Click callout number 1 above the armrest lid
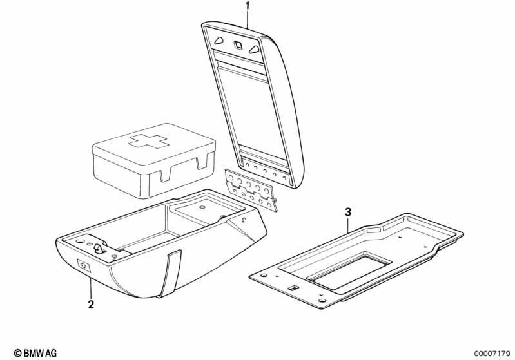click(248, 6)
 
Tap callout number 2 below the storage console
click(91, 305)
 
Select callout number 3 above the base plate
click(348, 212)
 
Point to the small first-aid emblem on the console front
click(84, 265)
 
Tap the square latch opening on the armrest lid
click(238, 44)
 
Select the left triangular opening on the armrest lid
click(219, 40)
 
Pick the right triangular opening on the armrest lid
click(254, 49)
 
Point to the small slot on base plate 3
click(293, 288)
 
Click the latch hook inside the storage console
click(99, 249)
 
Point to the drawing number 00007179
click(492, 354)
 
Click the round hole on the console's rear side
click(244, 220)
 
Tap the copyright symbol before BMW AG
click(17, 354)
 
